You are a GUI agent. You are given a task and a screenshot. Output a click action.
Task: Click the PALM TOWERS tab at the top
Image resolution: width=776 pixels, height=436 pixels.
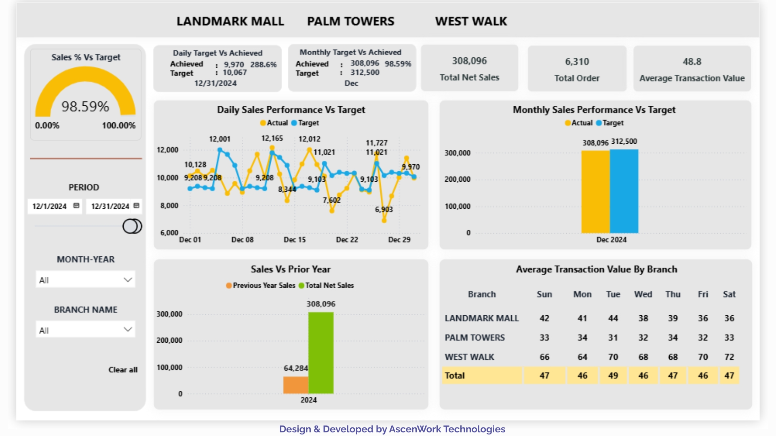(350, 21)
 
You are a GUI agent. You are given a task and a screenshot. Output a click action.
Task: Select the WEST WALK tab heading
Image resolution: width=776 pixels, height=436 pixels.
(471, 21)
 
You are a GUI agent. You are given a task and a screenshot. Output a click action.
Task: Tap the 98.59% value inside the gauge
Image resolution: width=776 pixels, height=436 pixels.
(85, 107)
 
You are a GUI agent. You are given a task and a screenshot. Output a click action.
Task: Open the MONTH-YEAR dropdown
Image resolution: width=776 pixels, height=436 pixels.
(85, 280)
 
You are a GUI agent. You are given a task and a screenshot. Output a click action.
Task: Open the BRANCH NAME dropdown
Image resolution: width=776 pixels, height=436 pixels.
(85, 330)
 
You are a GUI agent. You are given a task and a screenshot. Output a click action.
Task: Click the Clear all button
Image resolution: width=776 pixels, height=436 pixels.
(123, 370)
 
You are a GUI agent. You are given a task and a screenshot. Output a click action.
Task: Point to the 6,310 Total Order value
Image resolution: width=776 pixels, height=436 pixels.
(577, 62)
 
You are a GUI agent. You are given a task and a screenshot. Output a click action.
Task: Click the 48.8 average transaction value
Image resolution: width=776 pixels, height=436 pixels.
(692, 62)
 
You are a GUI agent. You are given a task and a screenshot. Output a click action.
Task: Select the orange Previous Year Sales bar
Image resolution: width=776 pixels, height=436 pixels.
(295, 385)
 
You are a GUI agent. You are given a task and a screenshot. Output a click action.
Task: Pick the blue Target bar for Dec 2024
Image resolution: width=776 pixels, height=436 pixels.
(624, 191)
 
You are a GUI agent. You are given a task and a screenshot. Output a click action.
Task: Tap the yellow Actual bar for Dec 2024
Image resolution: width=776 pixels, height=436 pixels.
(595, 192)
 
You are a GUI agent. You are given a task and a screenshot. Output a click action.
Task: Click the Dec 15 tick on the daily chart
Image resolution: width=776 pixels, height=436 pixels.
(295, 240)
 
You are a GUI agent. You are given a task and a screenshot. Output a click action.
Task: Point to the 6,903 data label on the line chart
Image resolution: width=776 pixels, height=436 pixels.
(384, 210)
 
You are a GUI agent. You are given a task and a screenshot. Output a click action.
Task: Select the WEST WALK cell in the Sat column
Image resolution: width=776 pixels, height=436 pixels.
(729, 357)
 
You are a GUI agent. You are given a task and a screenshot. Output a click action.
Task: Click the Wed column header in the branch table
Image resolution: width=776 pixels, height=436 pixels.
(643, 294)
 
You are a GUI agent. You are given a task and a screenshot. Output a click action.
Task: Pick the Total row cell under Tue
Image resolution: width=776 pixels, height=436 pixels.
(613, 375)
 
